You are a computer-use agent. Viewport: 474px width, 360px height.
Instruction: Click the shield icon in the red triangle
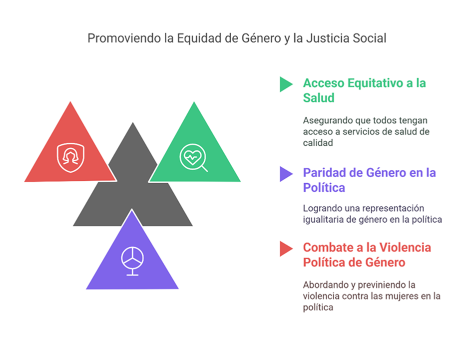71,157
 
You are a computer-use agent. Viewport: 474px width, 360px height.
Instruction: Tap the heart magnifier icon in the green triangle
193,157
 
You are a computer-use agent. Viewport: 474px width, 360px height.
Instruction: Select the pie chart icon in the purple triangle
132,261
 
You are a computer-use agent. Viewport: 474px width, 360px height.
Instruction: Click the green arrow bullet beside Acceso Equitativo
286,84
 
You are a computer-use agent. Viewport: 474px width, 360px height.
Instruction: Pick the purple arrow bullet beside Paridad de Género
286,174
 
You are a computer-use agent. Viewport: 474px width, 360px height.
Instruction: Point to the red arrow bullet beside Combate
286,249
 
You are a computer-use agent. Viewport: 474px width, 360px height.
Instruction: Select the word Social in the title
370,38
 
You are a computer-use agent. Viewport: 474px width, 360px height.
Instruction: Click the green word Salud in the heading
319,98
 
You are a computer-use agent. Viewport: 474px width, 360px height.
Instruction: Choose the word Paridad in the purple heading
324,173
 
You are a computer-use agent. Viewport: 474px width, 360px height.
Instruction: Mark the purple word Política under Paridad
324,188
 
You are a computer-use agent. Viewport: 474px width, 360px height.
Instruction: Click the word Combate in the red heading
328,247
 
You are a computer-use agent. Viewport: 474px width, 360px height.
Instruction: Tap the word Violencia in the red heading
405,247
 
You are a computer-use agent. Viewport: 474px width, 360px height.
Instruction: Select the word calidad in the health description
318,143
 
